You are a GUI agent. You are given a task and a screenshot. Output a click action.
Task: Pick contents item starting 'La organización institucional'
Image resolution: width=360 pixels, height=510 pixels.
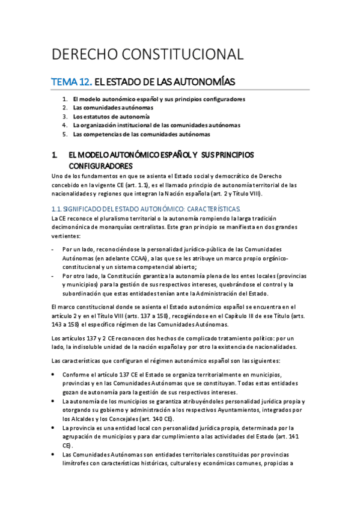coord(156,125)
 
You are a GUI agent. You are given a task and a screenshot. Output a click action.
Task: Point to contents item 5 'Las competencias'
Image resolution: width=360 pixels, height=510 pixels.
coord(141,134)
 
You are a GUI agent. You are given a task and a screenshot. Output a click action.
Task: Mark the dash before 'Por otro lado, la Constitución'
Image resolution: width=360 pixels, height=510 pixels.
coord(54,276)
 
